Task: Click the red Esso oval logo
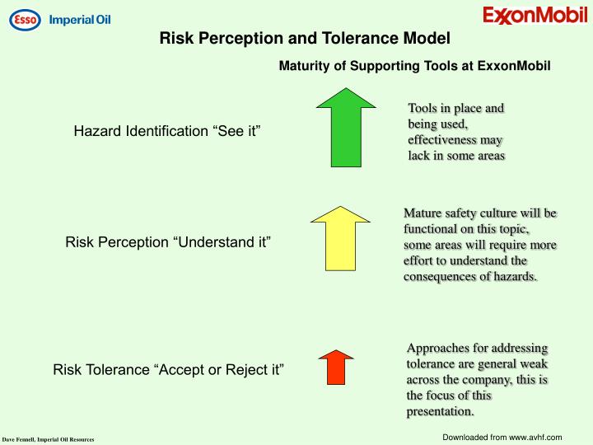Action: [x=24, y=19]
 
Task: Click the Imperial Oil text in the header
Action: [x=80, y=19]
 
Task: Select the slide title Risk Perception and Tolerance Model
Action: [x=305, y=38]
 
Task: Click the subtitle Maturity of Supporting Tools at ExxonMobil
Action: [x=414, y=65]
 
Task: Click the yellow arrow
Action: [x=341, y=238]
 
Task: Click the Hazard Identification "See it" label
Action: [x=167, y=131]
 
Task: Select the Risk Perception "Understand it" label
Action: [x=168, y=242]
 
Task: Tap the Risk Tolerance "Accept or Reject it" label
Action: [x=168, y=369]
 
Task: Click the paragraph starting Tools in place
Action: [x=456, y=132]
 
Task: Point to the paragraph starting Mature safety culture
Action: [x=480, y=245]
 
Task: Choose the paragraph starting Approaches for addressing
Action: [x=478, y=379]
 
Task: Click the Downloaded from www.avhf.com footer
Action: [x=502, y=436]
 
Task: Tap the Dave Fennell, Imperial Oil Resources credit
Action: [x=48, y=439]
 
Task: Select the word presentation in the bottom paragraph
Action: [x=439, y=410]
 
